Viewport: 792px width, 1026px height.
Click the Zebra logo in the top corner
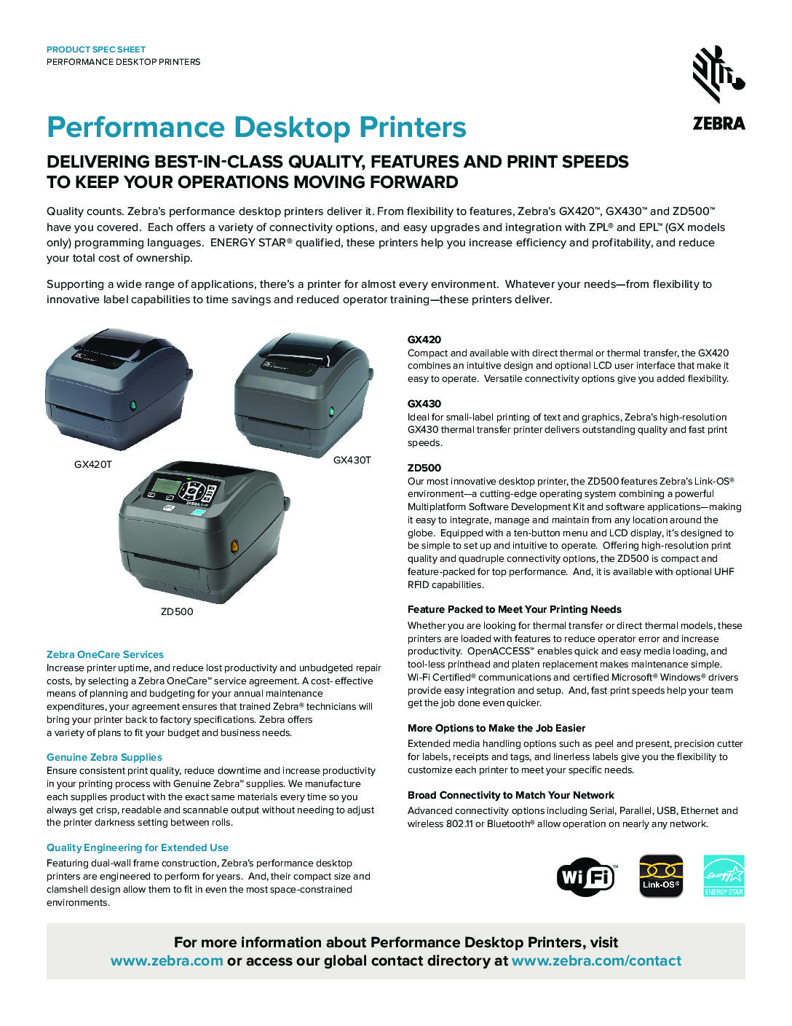click(718, 88)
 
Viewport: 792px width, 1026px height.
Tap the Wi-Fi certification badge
click(587, 877)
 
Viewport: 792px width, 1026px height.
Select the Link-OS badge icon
click(661, 876)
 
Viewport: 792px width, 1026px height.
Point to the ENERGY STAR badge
click(724, 876)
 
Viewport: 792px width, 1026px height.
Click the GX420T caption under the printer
click(93, 465)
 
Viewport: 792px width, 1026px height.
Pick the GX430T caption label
click(352, 460)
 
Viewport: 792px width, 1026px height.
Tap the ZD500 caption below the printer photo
click(177, 611)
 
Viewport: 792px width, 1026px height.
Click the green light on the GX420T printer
click(132, 404)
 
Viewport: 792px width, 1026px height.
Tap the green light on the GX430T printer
click(331, 411)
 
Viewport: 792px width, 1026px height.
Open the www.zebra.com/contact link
click(596, 961)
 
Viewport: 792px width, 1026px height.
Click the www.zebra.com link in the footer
click(167, 961)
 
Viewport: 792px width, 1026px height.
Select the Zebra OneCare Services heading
click(105, 654)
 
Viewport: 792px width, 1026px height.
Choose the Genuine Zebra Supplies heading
click(104, 757)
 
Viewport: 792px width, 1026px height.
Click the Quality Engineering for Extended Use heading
click(138, 847)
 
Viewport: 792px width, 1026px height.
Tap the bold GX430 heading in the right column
click(424, 404)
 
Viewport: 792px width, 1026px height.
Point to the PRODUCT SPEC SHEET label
click(96, 50)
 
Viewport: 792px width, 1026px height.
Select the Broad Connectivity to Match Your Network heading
click(511, 795)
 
